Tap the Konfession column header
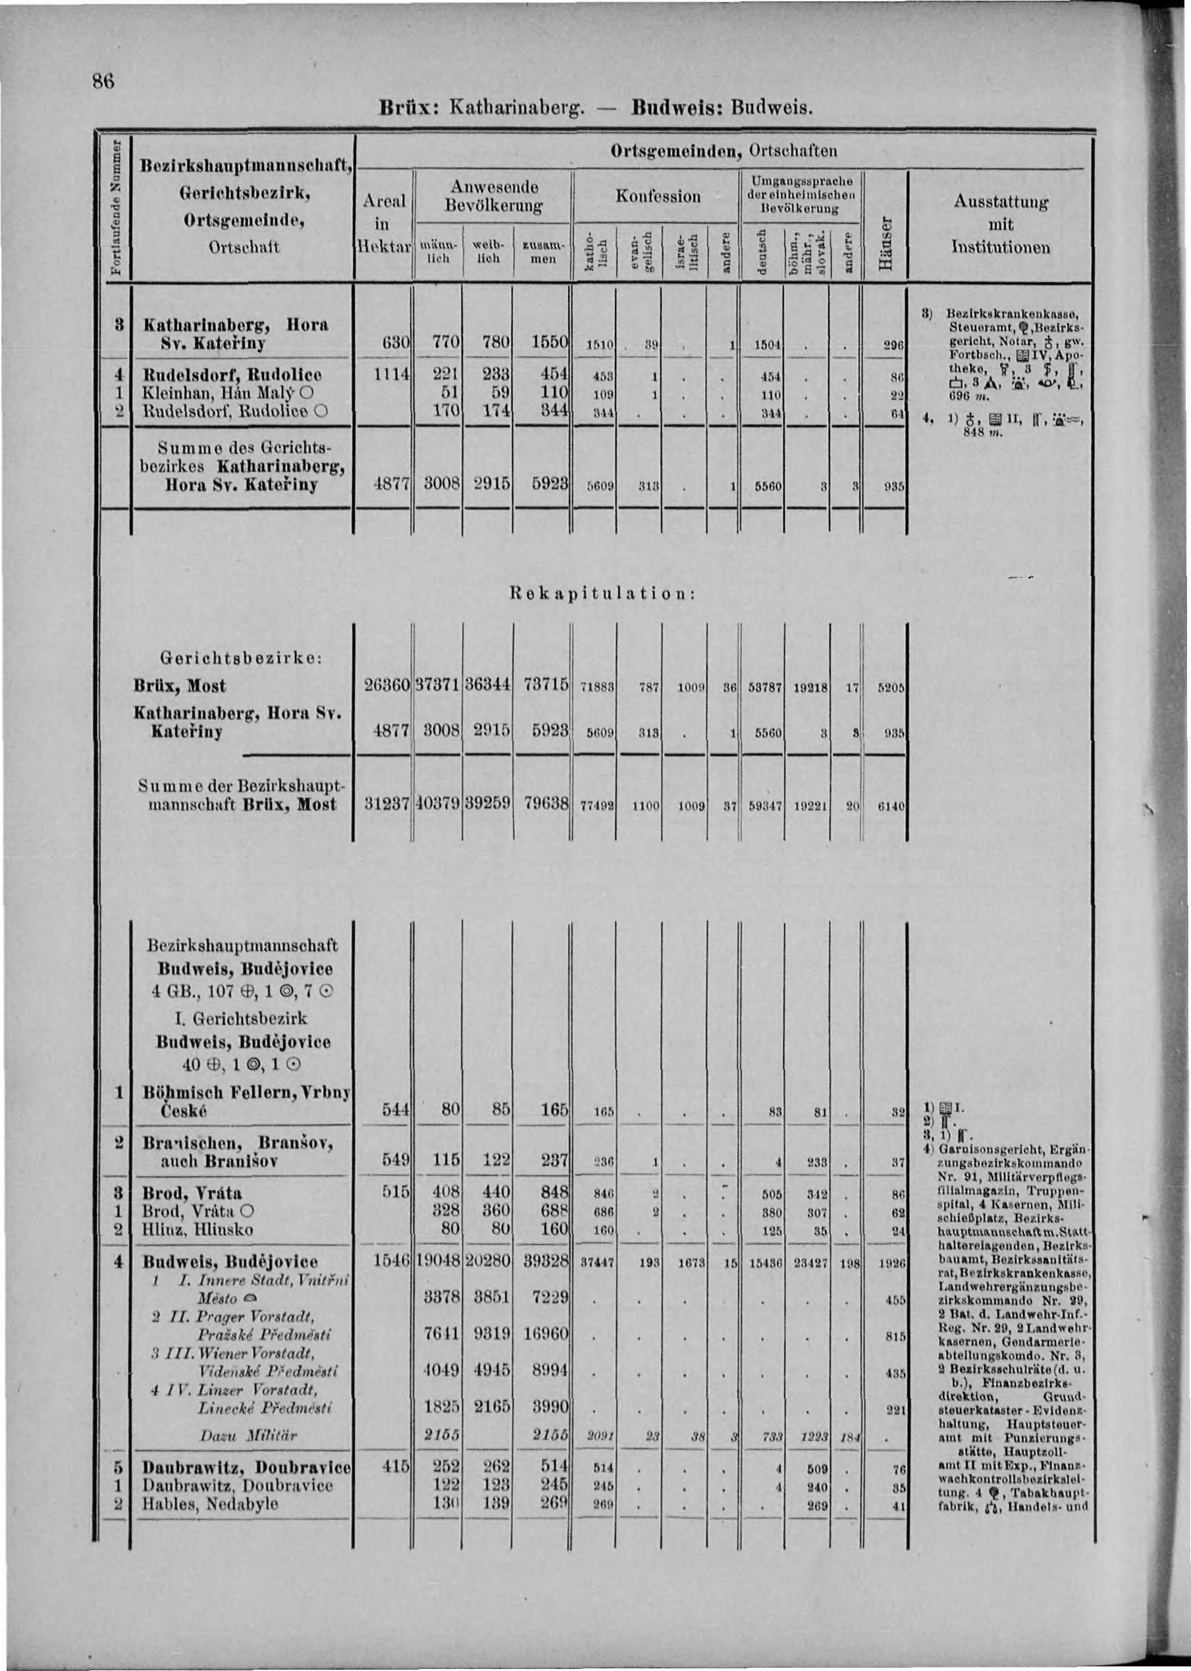(658, 196)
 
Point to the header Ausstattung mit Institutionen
(1000, 224)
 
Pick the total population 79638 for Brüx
(546, 804)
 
